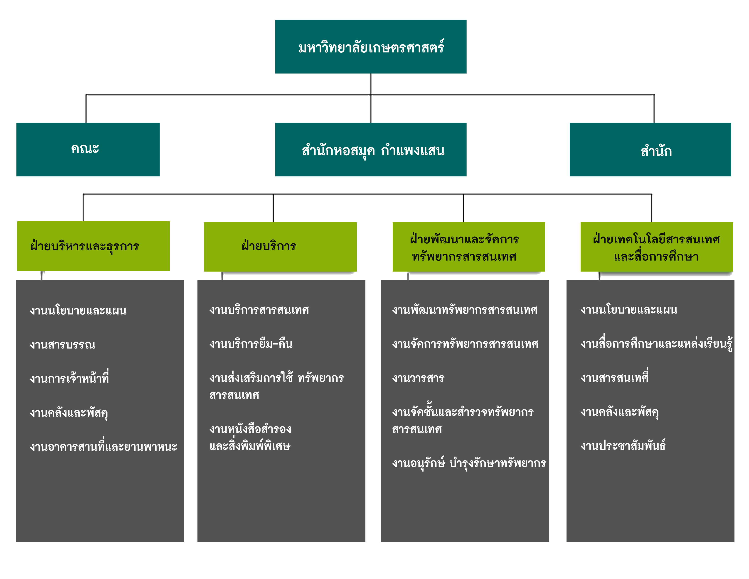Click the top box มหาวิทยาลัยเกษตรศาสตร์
pos(370,47)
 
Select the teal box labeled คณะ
pos(88,149)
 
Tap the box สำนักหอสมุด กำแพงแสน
pos(370,150)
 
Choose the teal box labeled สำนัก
pos(650,150)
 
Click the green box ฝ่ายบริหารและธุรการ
pos(93,246)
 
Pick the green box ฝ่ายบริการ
pos(280,247)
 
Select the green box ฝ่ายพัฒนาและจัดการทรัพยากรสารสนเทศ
pos(468,247)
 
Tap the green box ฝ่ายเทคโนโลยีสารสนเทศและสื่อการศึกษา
pos(656,247)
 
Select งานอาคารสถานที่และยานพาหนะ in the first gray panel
pos(103,446)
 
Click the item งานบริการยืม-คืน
pos(251,344)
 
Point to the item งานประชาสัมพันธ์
pos(623,445)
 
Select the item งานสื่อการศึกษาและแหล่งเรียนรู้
pos(656,344)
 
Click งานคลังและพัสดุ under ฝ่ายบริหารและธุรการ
pos(69,412)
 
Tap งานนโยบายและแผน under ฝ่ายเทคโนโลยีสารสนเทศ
pos(629,310)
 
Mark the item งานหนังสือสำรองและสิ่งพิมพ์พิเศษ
pos(250,437)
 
